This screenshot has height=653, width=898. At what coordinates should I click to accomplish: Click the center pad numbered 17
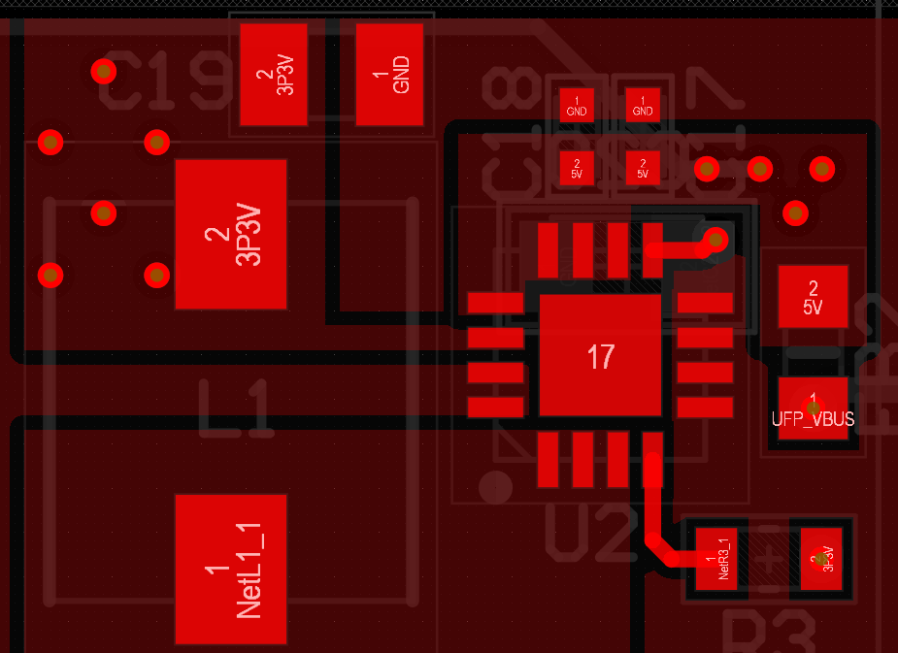click(601, 356)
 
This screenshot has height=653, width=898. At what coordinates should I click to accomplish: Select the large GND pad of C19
click(389, 75)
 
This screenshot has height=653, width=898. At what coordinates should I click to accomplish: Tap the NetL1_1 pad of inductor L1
click(231, 569)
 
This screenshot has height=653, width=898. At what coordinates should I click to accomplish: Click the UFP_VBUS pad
click(813, 408)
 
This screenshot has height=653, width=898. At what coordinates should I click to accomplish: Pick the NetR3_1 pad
click(716, 560)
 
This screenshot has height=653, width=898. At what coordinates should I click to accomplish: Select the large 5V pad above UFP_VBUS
click(813, 296)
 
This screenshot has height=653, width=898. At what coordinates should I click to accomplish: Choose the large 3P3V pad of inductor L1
click(231, 235)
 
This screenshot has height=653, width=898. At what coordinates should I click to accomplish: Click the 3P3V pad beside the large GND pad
click(273, 75)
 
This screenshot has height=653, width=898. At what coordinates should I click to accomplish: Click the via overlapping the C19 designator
click(103, 71)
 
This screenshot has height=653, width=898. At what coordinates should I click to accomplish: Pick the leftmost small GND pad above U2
click(577, 105)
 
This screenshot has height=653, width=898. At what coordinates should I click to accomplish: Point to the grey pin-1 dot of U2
click(495, 486)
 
